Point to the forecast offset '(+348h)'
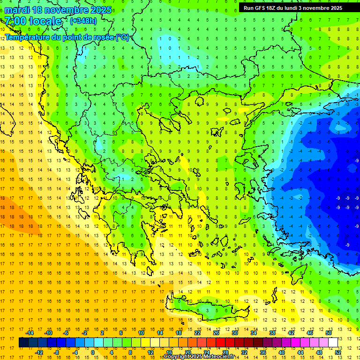(83, 21)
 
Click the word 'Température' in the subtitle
(30, 37)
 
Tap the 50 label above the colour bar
(328, 333)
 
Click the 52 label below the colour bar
(338, 352)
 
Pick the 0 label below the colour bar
(93, 352)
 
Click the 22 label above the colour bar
(197, 333)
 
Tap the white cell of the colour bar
(333, 342)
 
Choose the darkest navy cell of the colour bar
(23, 342)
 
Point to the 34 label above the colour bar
(254, 333)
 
